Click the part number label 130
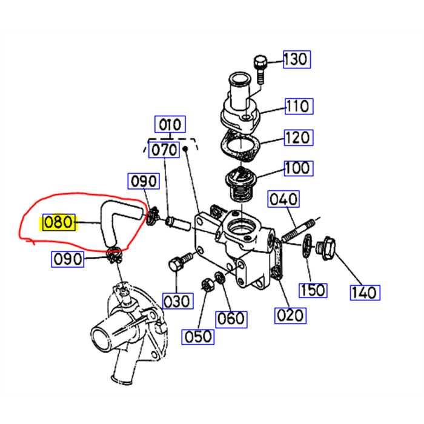[x=296, y=59]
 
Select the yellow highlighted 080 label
[x=58, y=224]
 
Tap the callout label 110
[x=297, y=107]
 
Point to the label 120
[x=297, y=137]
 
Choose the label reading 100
[x=297, y=168]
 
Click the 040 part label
[x=283, y=199]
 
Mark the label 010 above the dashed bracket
[x=170, y=125]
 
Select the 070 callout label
[x=164, y=149]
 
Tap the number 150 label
[x=313, y=290]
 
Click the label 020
[x=290, y=314]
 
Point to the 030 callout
[x=176, y=300]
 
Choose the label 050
[x=199, y=336]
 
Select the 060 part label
[x=231, y=318]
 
